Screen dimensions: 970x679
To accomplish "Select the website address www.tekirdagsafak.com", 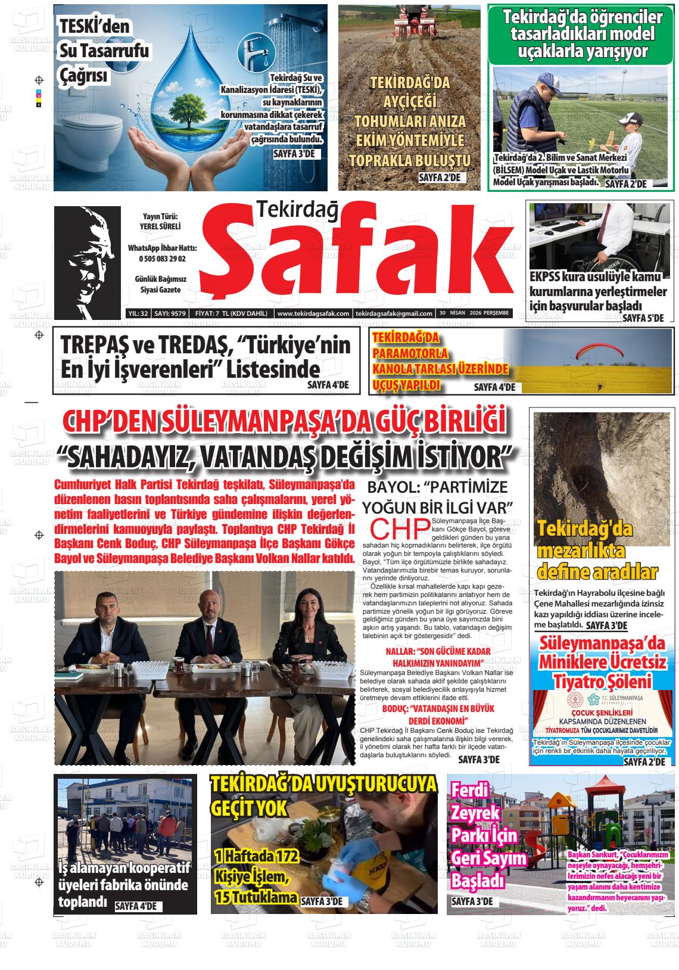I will pos(313,313).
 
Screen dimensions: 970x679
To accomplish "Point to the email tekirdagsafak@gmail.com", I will pos(393,313).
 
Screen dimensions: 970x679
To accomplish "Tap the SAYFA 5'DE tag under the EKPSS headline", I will pos(643,318).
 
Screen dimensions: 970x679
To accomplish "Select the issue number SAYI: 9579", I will pos(170,313).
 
